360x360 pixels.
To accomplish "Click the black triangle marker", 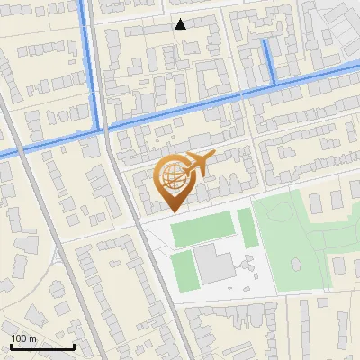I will [x=181, y=24].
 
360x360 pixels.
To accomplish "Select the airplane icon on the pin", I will [x=199, y=165].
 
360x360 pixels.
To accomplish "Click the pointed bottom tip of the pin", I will [x=172, y=211].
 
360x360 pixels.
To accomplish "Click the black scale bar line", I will [x=42, y=347].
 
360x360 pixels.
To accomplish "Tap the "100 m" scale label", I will [x=24, y=338].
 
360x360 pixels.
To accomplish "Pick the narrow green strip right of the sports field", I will [x=245, y=227].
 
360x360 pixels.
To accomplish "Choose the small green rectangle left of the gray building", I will [x=182, y=269].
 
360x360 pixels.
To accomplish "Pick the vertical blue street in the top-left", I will [x=90, y=63].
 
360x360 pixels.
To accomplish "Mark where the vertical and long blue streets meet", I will [x=97, y=130].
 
